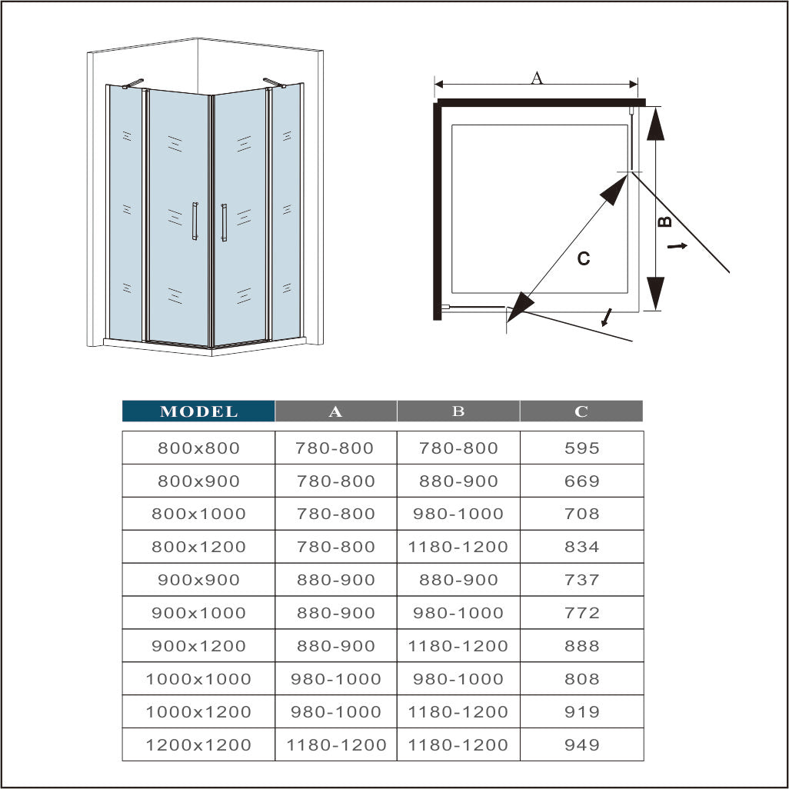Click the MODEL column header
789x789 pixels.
pyautogui.click(x=198, y=411)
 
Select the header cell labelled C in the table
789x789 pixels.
pyautogui.click(x=581, y=411)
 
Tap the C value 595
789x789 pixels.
pyautogui.click(x=581, y=448)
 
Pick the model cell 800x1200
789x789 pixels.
pyautogui.click(x=198, y=548)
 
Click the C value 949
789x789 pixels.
pyautogui.click(x=581, y=745)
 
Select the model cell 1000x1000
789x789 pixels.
pyautogui.click(x=198, y=679)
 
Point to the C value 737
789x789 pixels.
pyautogui.click(x=581, y=581)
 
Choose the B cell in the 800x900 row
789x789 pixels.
pyautogui.click(x=458, y=481)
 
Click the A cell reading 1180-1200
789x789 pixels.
pyautogui.click(x=336, y=745)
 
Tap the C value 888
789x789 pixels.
pyautogui.click(x=581, y=647)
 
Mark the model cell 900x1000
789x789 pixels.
pyautogui.click(x=198, y=614)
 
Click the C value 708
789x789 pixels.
pyautogui.click(x=581, y=514)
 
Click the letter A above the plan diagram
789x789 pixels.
pyautogui.click(x=537, y=77)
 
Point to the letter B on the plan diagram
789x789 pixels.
pyautogui.click(x=666, y=221)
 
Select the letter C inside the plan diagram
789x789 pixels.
pyautogui.click(x=584, y=259)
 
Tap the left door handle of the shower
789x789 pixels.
pyautogui.click(x=195, y=221)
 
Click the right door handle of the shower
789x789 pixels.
pyautogui.click(x=224, y=222)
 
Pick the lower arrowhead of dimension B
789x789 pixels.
pyautogui.click(x=654, y=292)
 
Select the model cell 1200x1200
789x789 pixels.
pyautogui.click(x=198, y=745)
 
